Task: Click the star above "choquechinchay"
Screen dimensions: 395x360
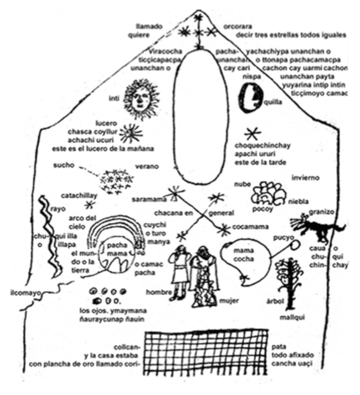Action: (253, 134)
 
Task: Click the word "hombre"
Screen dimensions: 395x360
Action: (157, 291)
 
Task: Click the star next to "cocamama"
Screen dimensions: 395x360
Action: (224, 229)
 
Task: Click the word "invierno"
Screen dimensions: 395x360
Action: (307, 178)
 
